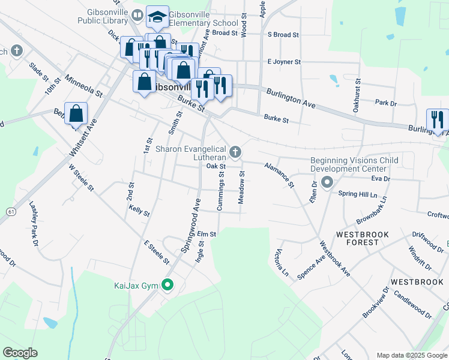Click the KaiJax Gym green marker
point(168,286)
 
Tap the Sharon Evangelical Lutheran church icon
point(235,151)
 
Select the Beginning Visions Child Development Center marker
point(327,181)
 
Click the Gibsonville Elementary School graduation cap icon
point(157,17)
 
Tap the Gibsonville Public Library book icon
point(137,15)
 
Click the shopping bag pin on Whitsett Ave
point(76,113)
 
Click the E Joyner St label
point(283,62)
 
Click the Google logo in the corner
point(20,352)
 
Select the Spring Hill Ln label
point(358,194)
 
